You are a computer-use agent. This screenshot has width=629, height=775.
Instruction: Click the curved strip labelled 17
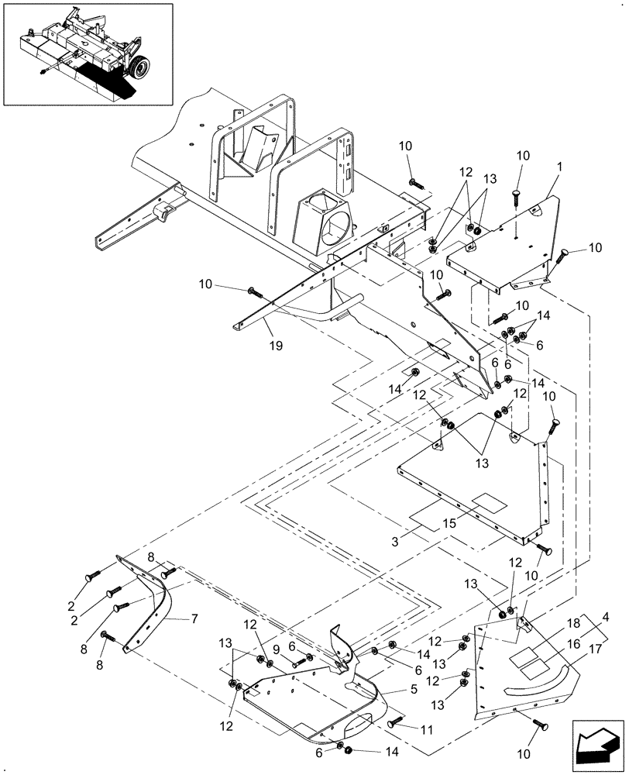(x=542, y=684)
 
